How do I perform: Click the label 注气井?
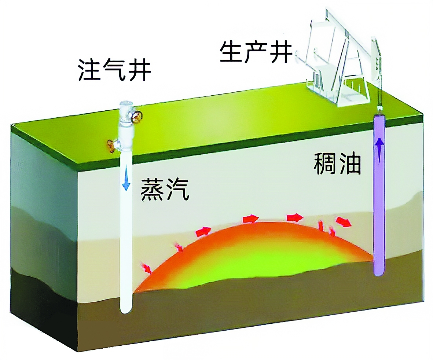(x=114, y=71)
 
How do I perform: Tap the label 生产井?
(x=256, y=53)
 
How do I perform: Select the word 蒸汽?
(x=165, y=190)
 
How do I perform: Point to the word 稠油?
(x=337, y=164)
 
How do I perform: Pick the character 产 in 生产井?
(x=256, y=53)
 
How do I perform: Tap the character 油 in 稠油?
(x=350, y=164)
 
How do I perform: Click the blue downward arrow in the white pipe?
(x=126, y=182)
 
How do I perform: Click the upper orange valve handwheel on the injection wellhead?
(x=137, y=117)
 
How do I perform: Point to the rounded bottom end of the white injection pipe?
(x=126, y=310)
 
